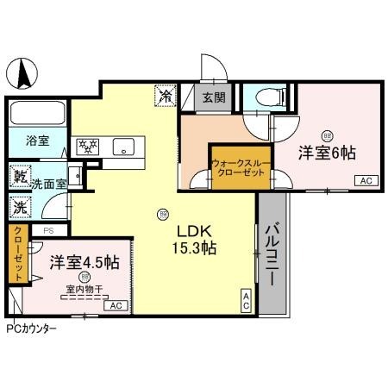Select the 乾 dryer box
[x=19, y=177]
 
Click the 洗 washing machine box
[x=19, y=207]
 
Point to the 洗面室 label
[x=48, y=184]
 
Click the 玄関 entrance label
[x=215, y=97]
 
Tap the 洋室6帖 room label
[x=328, y=153]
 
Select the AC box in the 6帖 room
[x=365, y=181]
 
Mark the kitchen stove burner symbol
[x=87, y=147]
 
